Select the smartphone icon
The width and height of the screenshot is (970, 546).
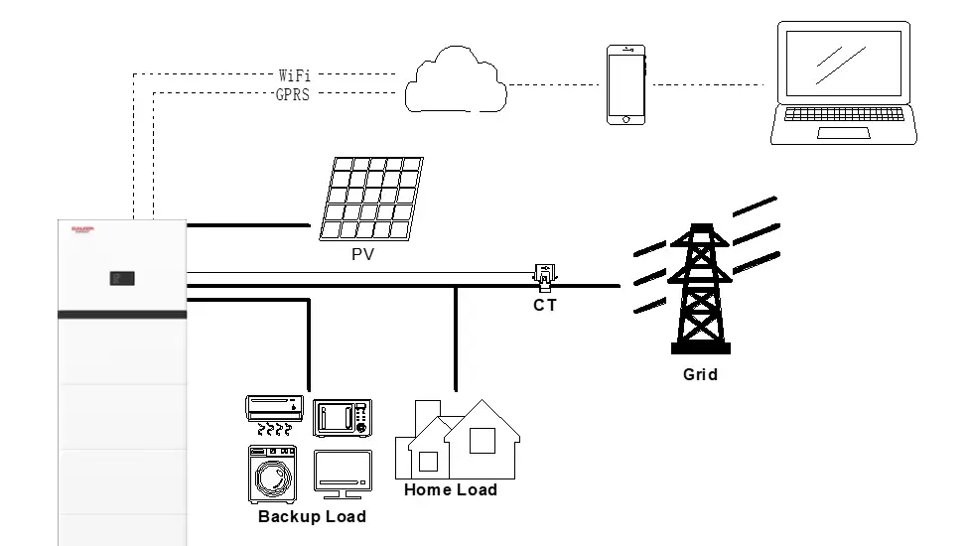pyautogui.click(x=625, y=84)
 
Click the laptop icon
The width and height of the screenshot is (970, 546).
pyautogui.click(x=845, y=84)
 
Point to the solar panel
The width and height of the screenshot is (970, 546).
pyautogui.click(x=371, y=199)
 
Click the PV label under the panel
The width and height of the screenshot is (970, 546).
pyautogui.click(x=362, y=255)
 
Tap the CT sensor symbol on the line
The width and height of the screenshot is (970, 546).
pyautogui.click(x=545, y=276)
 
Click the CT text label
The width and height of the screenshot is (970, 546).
pyautogui.click(x=545, y=306)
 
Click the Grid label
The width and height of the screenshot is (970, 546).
pyautogui.click(x=700, y=375)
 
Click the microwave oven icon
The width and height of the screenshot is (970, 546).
pyautogui.click(x=343, y=418)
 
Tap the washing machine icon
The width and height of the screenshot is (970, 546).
pyautogui.click(x=273, y=474)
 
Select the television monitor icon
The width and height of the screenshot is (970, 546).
pyautogui.click(x=343, y=474)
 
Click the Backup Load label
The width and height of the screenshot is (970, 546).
pyautogui.click(x=312, y=517)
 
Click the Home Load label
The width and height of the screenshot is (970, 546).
pyautogui.click(x=450, y=490)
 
